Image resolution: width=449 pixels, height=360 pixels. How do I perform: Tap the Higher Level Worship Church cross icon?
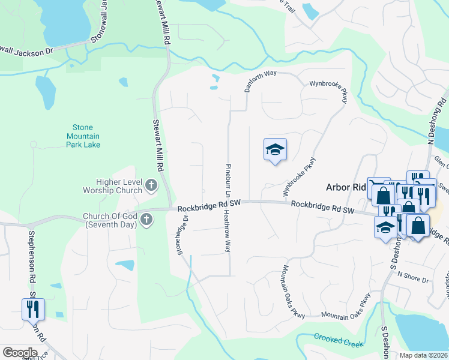(151, 187)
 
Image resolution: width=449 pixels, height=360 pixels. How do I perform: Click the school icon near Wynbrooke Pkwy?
(275, 149)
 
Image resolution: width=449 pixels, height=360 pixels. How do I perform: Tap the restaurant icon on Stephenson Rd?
(32, 309)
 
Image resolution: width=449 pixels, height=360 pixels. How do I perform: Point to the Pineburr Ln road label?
(228, 179)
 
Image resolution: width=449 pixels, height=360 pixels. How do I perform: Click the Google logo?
(20, 353)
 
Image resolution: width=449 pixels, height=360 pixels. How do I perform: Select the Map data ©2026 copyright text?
(423, 355)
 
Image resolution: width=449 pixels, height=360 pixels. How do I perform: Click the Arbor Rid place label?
(346, 187)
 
